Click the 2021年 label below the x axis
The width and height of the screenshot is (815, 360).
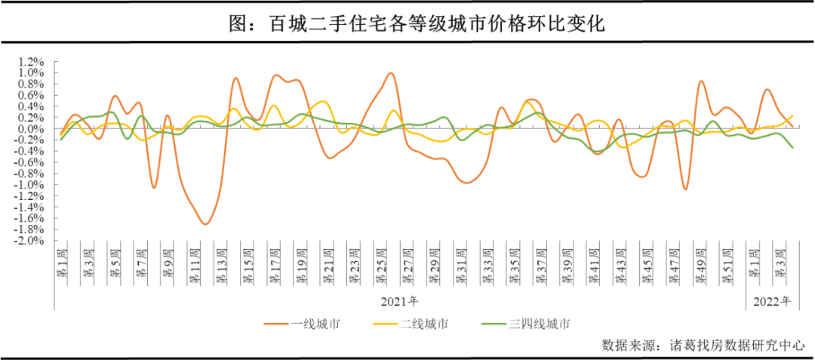pyautogui.click(x=399, y=302)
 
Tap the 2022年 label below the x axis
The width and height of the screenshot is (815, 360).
pyautogui.click(x=770, y=302)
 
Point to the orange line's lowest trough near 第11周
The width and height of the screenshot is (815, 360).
pyautogui.click(x=205, y=224)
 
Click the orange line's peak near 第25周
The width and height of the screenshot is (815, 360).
pyautogui.click(x=391, y=73)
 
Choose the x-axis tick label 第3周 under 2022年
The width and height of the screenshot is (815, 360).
pyautogui.click(x=780, y=263)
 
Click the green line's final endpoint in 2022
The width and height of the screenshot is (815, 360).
pyautogui.click(x=792, y=148)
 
